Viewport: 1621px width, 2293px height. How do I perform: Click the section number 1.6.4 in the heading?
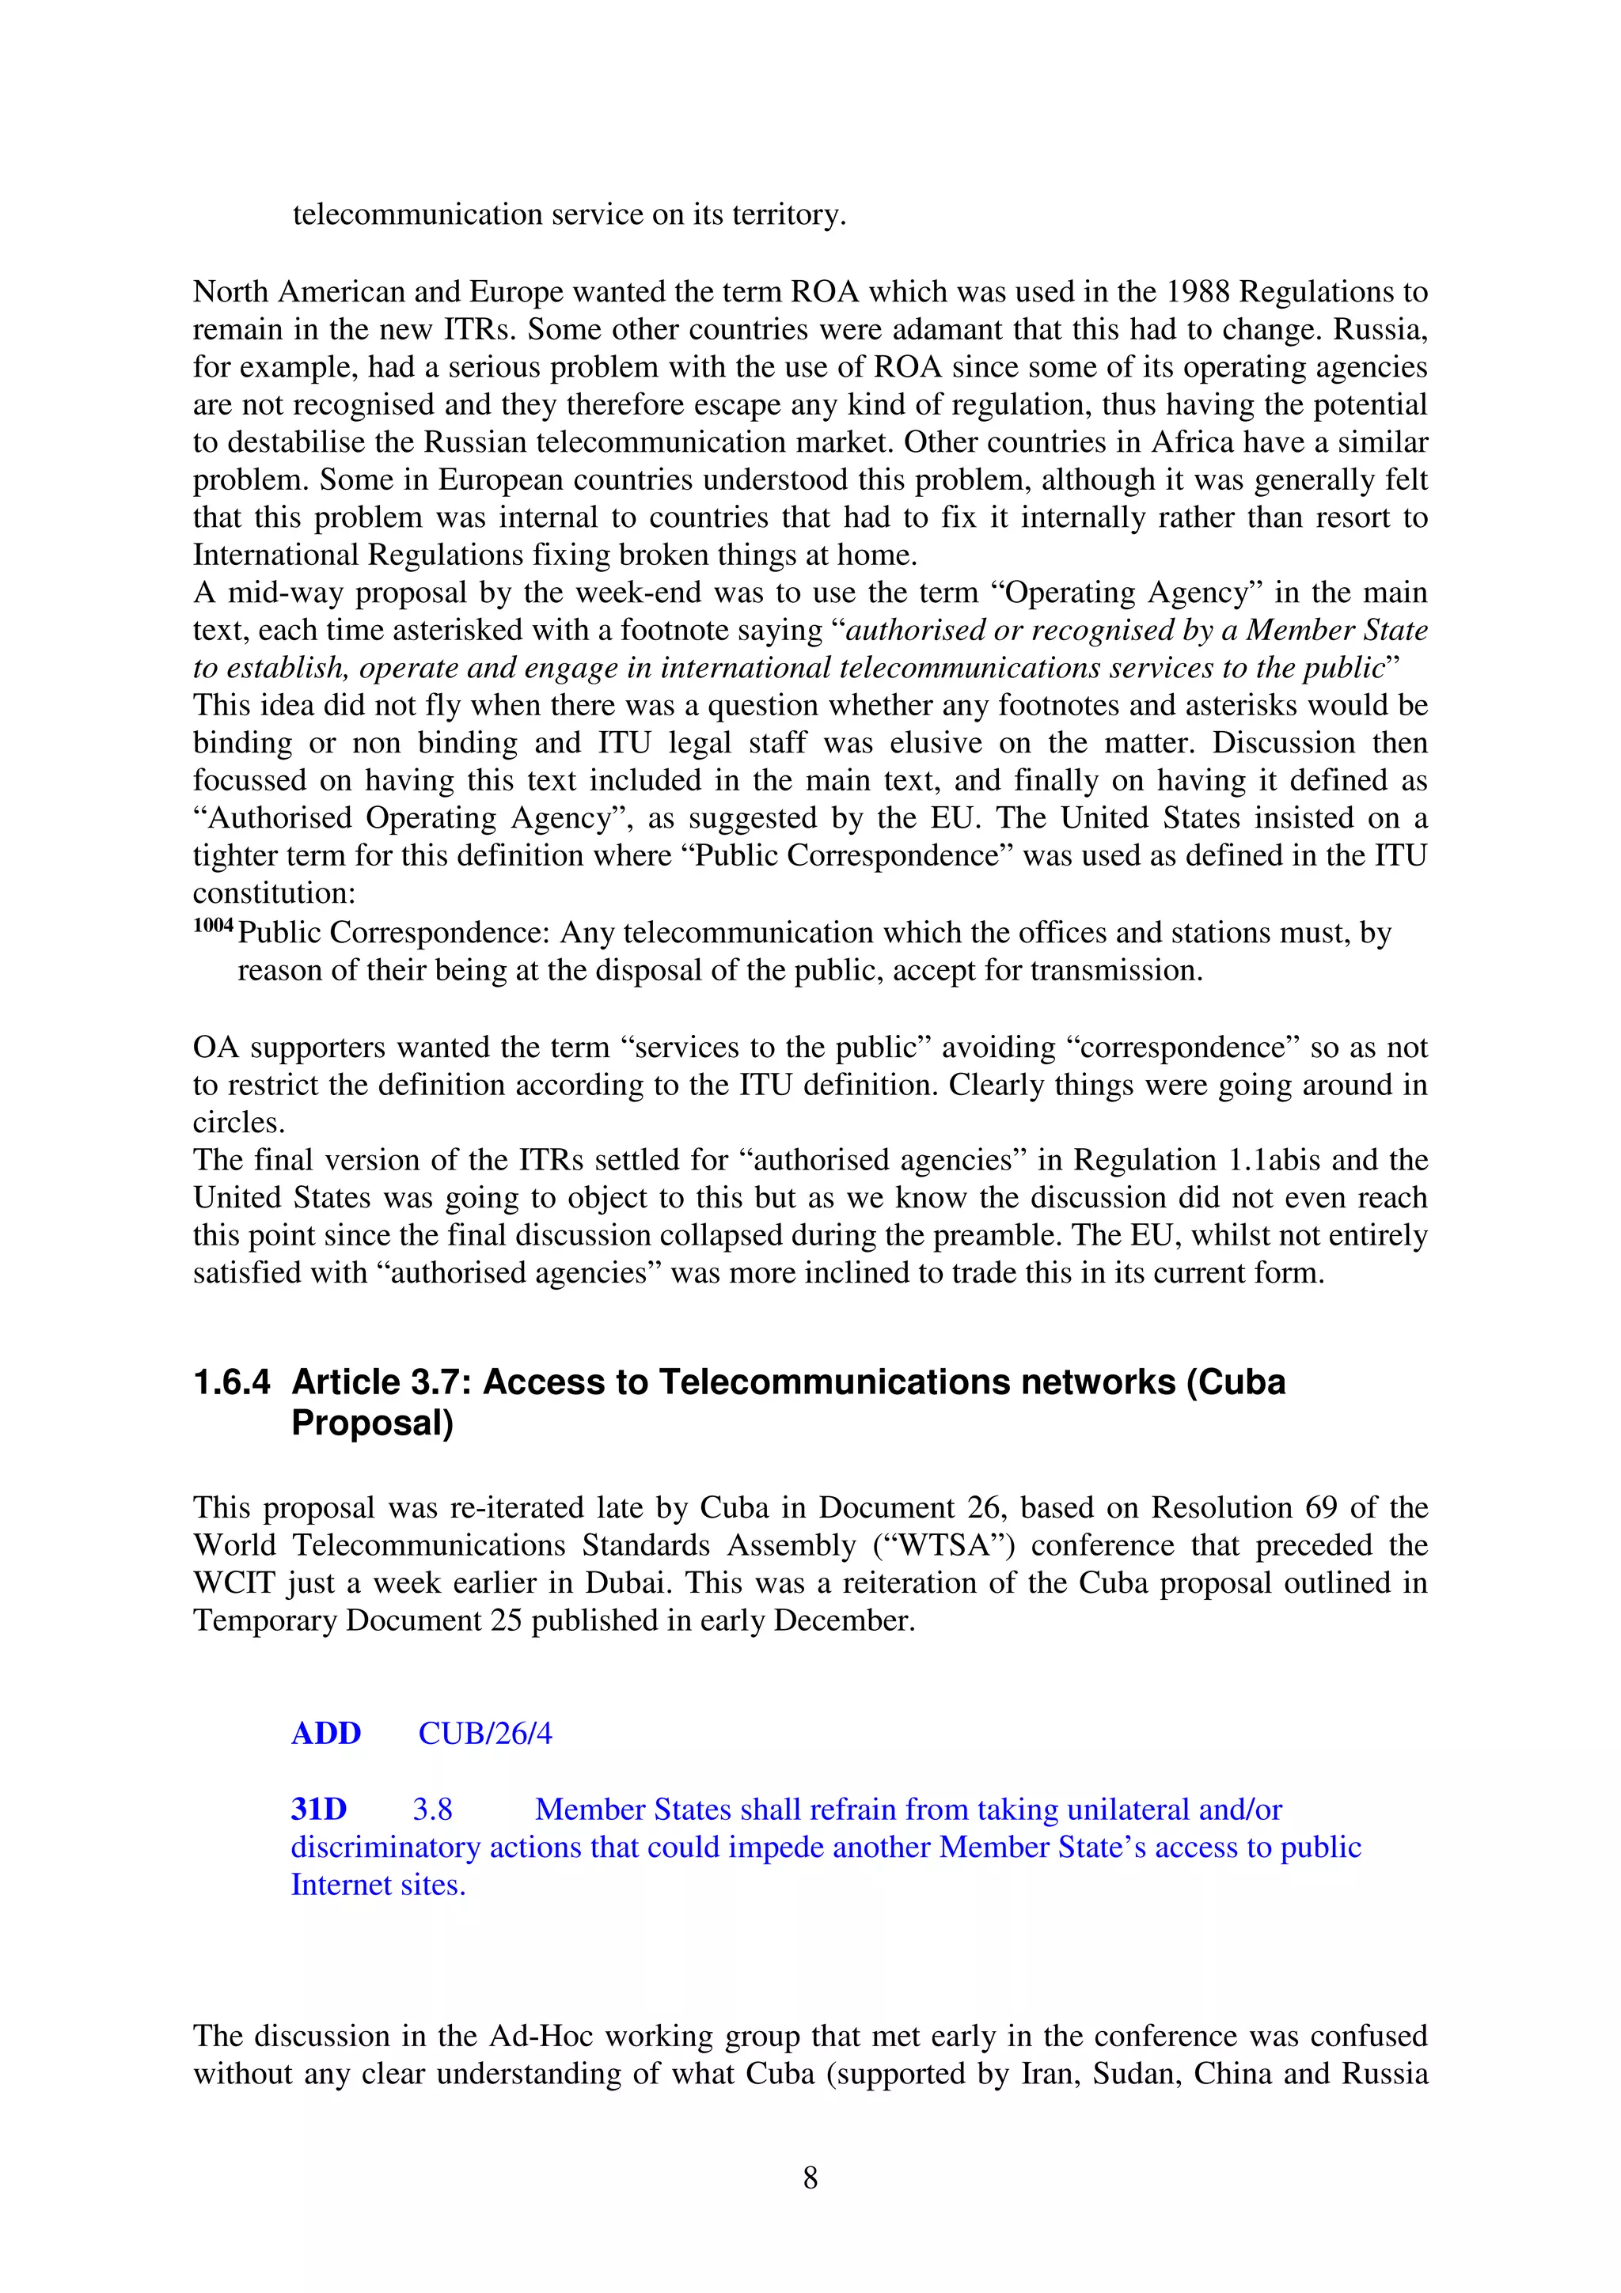coord(232,1382)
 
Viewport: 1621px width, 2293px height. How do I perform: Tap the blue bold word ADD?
coord(325,1733)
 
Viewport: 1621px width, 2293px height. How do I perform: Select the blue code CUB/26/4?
coord(484,1733)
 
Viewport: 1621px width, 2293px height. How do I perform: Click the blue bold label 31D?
coord(319,1809)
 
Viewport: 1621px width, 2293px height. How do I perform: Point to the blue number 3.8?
coord(432,1809)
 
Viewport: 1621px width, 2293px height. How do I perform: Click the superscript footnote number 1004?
coord(213,926)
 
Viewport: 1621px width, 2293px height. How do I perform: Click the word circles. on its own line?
coord(239,1123)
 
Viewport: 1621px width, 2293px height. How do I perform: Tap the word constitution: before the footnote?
coord(274,893)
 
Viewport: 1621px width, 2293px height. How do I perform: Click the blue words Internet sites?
coord(378,1885)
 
